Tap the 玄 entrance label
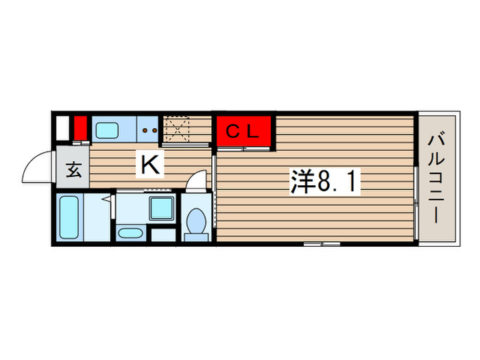[x=74, y=169]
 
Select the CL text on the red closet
[x=245, y=132]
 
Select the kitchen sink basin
[x=106, y=130]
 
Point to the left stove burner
[x=146, y=129]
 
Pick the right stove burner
[x=155, y=129]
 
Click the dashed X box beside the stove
[x=178, y=129]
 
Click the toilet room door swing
[x=197, y=180]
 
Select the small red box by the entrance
[x=80, y=128]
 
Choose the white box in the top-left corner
[x=62, y=128]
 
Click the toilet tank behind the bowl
[x=197, y=235]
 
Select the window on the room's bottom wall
[x=323, y=243]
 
